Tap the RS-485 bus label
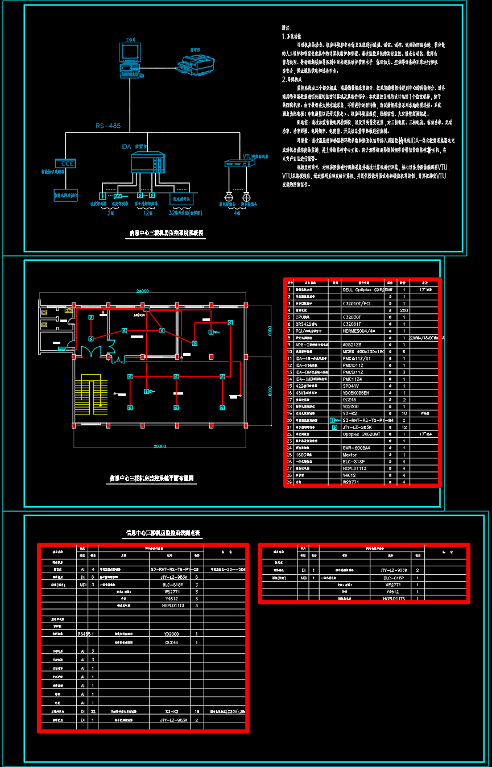pos(108,126)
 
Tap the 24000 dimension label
pos(142,291)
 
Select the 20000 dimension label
pos(160,446)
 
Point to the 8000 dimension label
pos(270,391)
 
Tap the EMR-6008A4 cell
pos(357,447)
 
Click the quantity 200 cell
pos(404,310)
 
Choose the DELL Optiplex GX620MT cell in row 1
pos(364,289)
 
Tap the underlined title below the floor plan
pos(152,479)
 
